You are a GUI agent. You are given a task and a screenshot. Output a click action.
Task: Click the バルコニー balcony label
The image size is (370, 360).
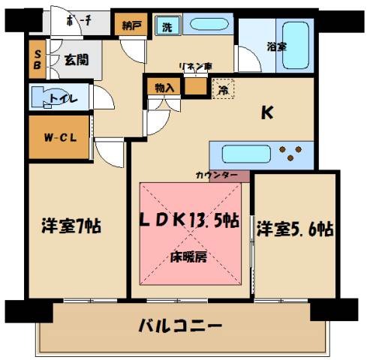click(x=180, y=326)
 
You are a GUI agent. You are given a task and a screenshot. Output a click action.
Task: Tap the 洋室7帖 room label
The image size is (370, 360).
click(x=71, y=225)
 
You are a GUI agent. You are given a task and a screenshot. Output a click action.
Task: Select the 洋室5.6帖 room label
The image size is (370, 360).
click(x=295, y=228)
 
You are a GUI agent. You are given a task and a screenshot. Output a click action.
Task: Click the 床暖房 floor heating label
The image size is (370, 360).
click(x=191, y=256)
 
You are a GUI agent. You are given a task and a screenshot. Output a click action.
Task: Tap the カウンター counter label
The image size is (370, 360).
click(x=217, y=175)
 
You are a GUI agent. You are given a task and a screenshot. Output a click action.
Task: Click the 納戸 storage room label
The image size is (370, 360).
click(x=131, y=25)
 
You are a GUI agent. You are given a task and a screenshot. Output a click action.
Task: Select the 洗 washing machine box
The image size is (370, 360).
click(x=166, y=27)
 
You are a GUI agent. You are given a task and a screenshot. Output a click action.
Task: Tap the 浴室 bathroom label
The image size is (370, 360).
click(x=277, y=46)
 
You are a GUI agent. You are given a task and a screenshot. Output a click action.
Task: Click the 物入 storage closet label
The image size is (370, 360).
click(x=164, y=88)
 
